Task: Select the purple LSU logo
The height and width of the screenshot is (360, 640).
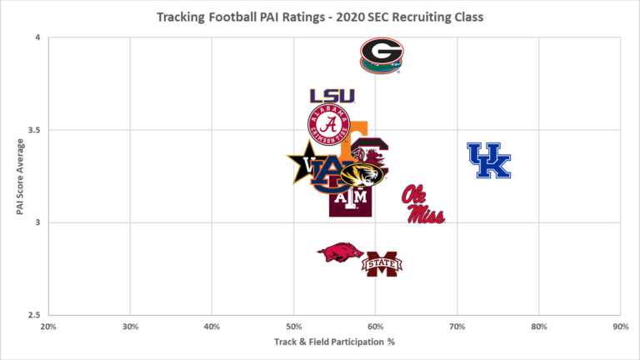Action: [332, 97]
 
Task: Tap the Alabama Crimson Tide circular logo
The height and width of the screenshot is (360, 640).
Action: [329, 124]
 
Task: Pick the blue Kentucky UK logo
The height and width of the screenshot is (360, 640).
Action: [488, 161]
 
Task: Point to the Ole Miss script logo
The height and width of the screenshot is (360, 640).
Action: [423, 205]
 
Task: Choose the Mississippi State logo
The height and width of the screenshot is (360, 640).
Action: [382, 264]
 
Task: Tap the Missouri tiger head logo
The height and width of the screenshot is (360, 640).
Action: [364, 175]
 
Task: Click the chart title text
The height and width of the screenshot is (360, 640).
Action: [320, 17]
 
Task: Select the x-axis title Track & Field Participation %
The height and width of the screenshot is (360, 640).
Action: [333, 342]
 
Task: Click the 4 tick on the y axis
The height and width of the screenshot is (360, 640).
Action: [38, 38]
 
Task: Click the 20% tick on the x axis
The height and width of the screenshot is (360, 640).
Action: [47, 327]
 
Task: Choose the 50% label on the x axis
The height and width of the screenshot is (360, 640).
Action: [293, 327]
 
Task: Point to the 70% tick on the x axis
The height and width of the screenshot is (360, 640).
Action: [457, 327]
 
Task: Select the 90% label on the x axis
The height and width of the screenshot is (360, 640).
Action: [620, 327]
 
